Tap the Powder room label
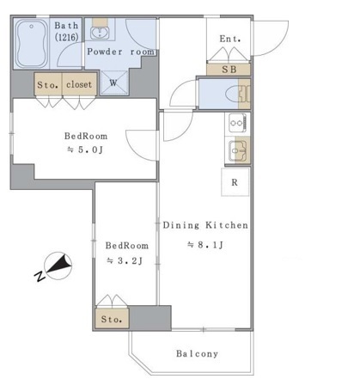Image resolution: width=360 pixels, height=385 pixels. [x=120, y=52]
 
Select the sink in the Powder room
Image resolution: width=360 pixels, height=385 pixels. [x=101, y=32]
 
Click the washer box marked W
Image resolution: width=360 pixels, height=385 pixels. [x=113, y=83]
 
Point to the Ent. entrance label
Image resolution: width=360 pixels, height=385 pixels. [x=229, y=39]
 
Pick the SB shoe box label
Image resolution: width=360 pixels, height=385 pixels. [x=229, y=69]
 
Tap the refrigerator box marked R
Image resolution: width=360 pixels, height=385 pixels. [x=235, y=181]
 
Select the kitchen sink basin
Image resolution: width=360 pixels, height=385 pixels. [x=237, y=151]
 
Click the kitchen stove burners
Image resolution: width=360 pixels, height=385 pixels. [x=237, y=123]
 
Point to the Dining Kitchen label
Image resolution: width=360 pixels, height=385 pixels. [x=205, y=225]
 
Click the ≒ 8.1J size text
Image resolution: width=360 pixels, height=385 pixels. [x=205, y=245]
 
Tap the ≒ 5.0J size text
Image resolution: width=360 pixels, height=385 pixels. [x=85, y=150]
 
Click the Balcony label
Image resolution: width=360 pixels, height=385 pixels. [x=197, y=353]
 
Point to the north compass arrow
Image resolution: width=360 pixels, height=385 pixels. [x=58, y=266]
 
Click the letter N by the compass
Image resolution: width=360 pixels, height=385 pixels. [x=39, y=276]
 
